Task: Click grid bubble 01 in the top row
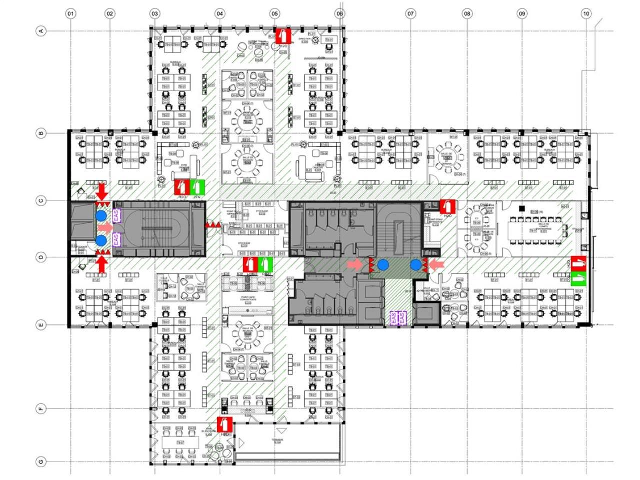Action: coord(71,14)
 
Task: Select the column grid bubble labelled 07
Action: coord(411,14)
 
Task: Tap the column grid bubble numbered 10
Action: coord(586,14)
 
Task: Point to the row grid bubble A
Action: coord(41,31)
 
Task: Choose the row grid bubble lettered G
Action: coord(41,462)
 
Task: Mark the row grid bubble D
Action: coord(41,257)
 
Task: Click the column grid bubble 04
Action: coord(220,14)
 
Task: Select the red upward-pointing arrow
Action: coord(102,265)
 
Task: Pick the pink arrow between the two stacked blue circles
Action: coord(105,228)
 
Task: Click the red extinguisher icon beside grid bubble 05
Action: coord(283,35)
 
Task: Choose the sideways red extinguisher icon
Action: coord(579,263)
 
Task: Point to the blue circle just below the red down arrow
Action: coord(101,215)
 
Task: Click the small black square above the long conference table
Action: coord(522,208)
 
